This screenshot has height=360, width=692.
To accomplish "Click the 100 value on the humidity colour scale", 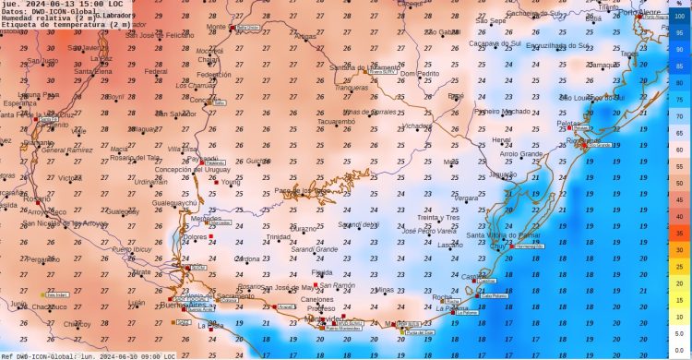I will coord(679,17).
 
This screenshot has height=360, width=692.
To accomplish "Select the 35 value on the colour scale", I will coord(679,234).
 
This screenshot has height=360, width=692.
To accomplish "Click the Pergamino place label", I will coord(41,259).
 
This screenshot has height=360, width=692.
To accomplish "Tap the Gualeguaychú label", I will coord(174,202).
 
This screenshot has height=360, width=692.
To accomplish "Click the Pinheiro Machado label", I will coord(503,111).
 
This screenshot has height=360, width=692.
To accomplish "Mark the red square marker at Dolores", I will coord(212,237).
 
